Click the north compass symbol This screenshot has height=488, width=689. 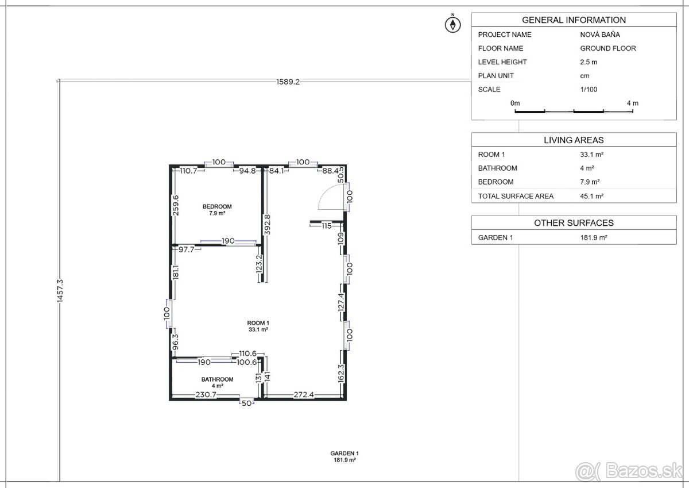[x=453, y=24]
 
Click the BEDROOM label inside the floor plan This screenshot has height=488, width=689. [x=217, y=206]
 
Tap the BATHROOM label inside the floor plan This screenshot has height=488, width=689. [x=217, y=379]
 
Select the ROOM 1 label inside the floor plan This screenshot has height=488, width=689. [x=258, y=323]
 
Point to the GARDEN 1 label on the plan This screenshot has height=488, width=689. [x=344, y=453]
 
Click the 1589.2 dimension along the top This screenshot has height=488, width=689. [x=288, y=82]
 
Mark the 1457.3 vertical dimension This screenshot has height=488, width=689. [x=60, y=291]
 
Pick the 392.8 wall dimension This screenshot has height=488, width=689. [x=267, y=225]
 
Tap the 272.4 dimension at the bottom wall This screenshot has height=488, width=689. [x=304, y=394]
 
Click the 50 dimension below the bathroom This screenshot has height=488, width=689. [x=246, y=404]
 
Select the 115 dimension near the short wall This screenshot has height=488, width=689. [x=326, y=226]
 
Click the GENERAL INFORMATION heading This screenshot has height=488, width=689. [x=574, y=20]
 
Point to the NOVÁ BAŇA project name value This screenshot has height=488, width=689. [x=600, y=34]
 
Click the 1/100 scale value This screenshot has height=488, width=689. [x=589, y=89]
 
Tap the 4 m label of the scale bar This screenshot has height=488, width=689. [x=632, y=103]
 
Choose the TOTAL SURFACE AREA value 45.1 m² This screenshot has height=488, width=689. [x=591, y=196]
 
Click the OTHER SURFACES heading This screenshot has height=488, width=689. [x=574, y=223]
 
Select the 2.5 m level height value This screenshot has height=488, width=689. [x=589, y=62]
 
